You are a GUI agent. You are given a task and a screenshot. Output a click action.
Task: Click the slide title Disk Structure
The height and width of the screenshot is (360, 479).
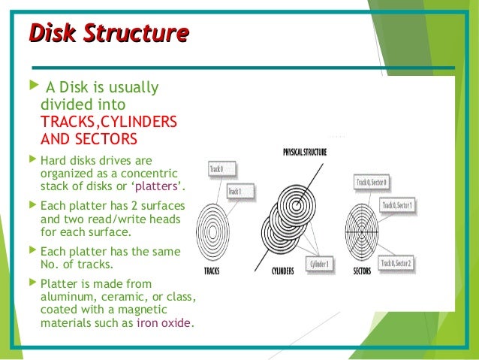107,34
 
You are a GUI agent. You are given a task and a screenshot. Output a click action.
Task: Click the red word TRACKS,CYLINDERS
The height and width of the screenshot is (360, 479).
108,122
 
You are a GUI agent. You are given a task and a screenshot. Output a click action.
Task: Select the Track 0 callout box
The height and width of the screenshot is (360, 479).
218,169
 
